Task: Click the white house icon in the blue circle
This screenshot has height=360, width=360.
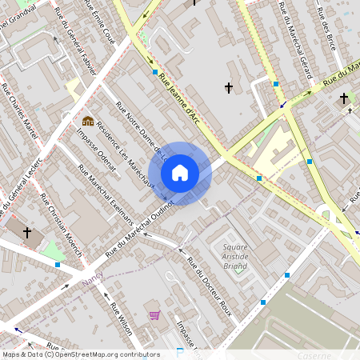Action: [x=180, y=173]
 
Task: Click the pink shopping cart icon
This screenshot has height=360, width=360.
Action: [x=154, y=315]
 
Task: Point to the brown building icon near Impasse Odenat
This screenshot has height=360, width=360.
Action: [x=87, y=121]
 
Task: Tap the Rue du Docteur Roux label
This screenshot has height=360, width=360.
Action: [x=209, y=286]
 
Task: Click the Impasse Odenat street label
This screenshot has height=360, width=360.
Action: [x=96, y=150]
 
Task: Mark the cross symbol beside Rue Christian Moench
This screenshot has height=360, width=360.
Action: [x=27, y=232]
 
